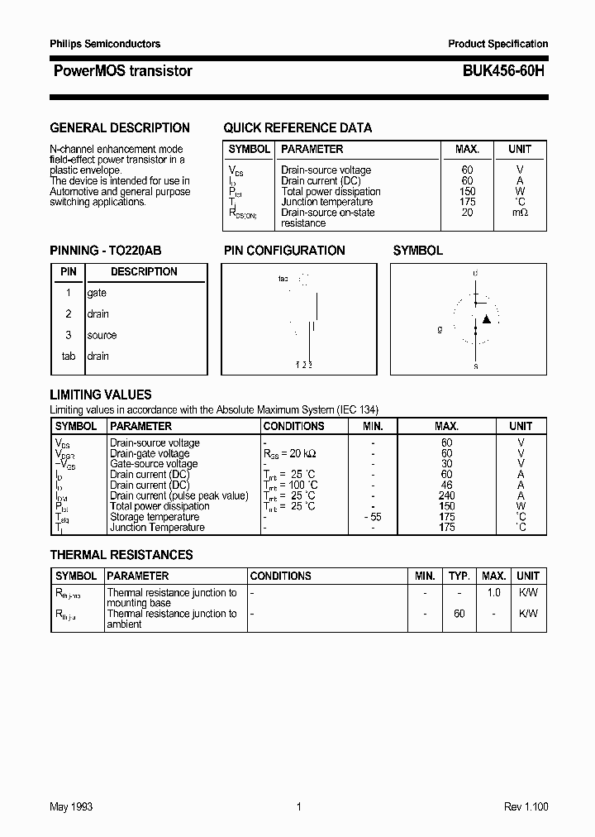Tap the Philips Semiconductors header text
[x=105, y=44]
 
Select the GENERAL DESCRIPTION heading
[x=120, y=128]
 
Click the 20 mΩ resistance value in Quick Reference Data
[x=468, y=213]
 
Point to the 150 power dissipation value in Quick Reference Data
[x=468, y=191]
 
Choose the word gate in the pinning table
[x=97, y=293]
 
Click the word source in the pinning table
[x=102, y=335]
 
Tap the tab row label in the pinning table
[x=69, y=356]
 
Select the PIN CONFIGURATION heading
[x=284, y=251]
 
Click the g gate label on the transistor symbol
[x=440, y=329]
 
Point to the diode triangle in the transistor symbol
[x=487, y=318]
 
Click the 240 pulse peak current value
[x=447, y=495]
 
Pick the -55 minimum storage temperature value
[x=372, y=517]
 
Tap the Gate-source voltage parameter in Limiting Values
[x=154, y=464]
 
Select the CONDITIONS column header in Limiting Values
[x=293, y=426]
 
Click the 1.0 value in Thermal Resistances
[x=494, y=593]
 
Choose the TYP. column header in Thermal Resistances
[x=459, y=576]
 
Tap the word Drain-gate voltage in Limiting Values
[x=150, y=453]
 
